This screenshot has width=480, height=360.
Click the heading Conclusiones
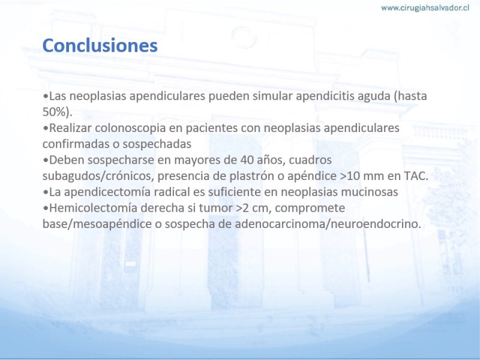coord(100,46)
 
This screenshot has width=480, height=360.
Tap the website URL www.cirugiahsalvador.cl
coord(425,8)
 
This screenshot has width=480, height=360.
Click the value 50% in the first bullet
coord(54,112)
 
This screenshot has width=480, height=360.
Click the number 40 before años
coord(247,160)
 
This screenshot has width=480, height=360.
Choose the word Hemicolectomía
coord(93,208)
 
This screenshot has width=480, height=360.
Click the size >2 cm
coord(253,208)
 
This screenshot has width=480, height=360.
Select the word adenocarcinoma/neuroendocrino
coord(328,224)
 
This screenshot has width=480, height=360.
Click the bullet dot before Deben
coord(46,160)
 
